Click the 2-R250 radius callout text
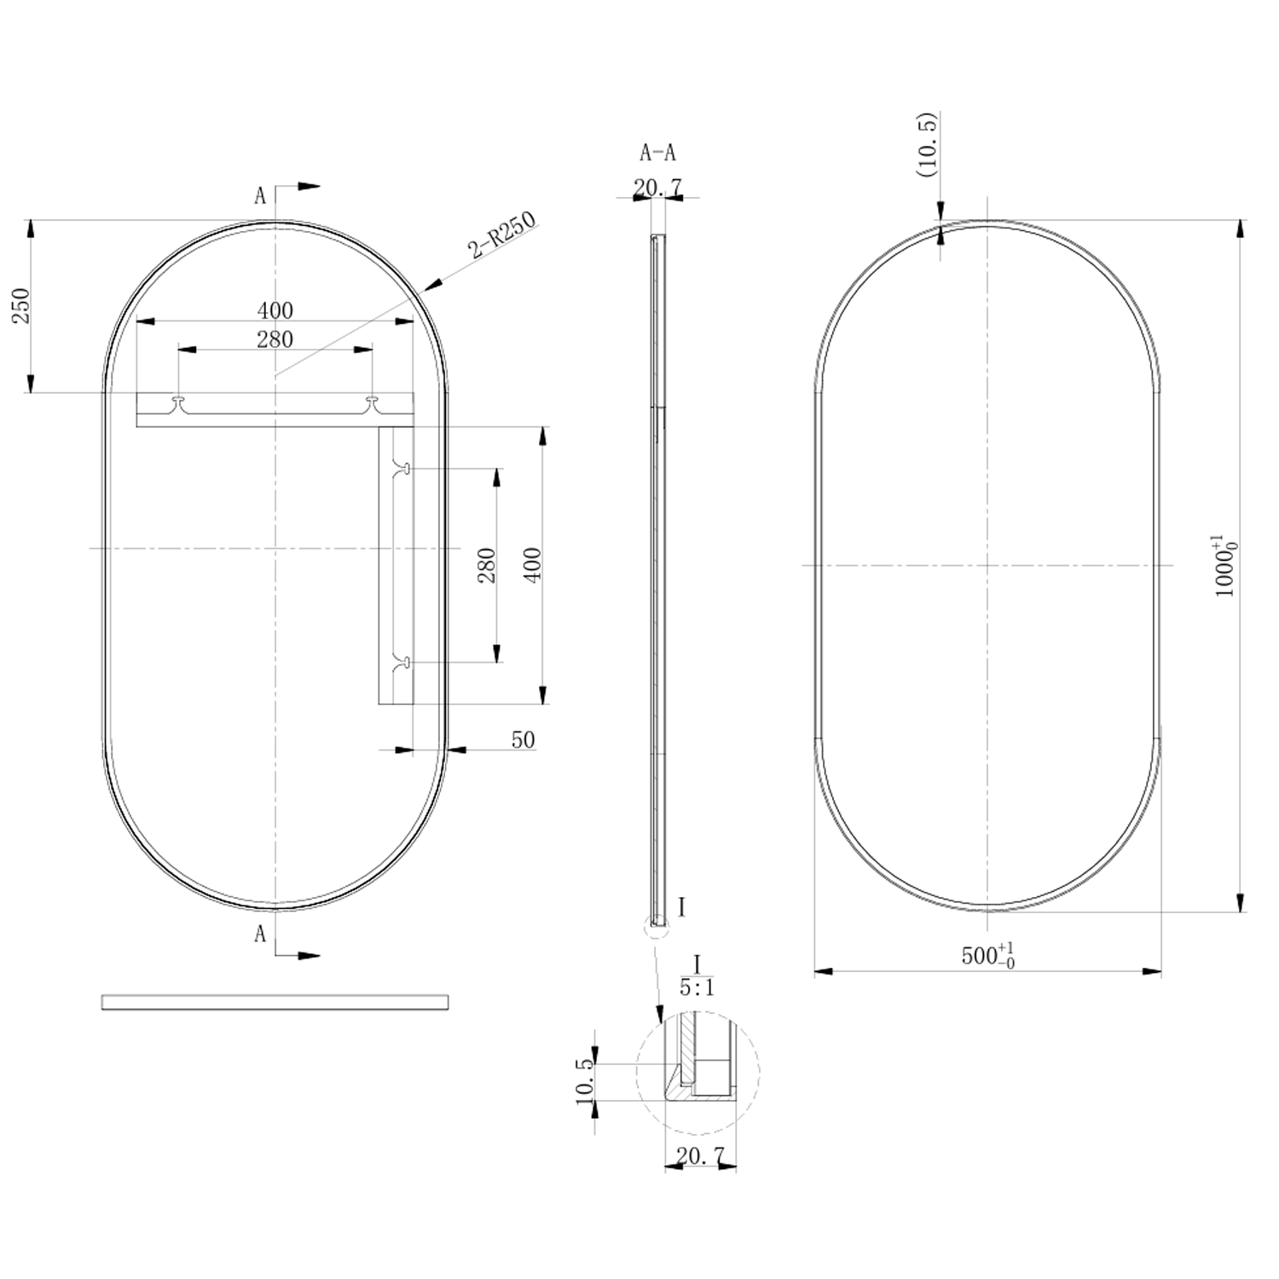501,235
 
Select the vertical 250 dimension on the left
20,305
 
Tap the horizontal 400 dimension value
275,310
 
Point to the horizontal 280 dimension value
275,339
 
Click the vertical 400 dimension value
531,564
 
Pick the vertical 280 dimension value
486,564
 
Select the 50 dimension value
523,739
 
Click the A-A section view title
657,153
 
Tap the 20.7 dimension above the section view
657,187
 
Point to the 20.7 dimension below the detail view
700,1155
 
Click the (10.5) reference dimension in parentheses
927,144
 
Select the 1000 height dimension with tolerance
1225,566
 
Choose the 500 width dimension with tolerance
987,956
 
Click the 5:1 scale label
697,987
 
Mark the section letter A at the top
260,196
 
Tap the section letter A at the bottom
260,935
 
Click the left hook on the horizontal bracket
178,402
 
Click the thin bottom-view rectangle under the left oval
275,1002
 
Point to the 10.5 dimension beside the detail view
585,1081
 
